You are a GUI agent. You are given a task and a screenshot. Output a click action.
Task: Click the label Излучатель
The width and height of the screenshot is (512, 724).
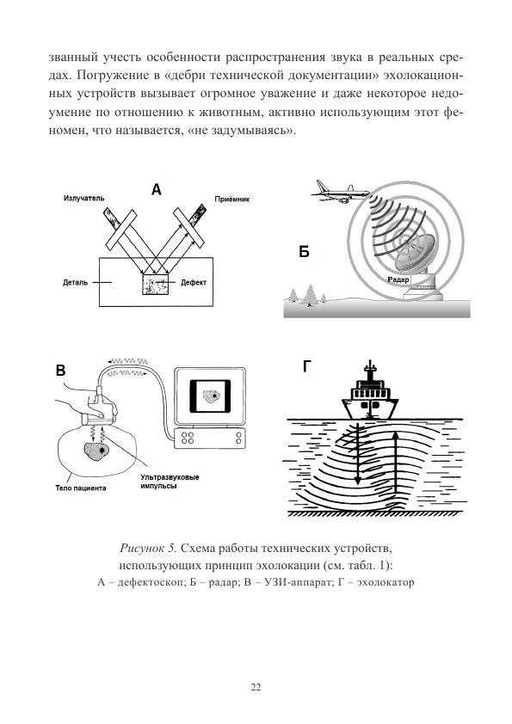83,198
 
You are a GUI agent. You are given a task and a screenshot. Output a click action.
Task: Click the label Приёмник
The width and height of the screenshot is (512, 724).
232,199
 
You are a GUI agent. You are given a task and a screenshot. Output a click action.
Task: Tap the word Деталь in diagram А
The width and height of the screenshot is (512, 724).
76,282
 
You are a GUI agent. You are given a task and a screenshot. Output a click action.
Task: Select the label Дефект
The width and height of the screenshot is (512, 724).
193,282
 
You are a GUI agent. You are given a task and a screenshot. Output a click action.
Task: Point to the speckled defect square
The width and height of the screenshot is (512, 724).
155,285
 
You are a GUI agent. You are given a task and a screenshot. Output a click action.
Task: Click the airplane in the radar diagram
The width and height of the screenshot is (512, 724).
340,192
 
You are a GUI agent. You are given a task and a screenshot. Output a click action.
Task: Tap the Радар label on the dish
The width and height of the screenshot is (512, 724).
398,279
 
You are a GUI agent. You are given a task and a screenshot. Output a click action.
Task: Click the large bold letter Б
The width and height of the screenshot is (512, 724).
304,252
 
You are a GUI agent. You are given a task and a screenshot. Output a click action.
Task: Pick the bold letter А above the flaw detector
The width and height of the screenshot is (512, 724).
157,189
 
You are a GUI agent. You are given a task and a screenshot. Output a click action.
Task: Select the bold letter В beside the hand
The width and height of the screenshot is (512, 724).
60,371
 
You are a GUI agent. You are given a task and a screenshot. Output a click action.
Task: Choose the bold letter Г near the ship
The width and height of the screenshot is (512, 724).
307,366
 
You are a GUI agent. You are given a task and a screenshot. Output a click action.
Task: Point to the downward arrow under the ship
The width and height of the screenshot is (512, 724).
357,452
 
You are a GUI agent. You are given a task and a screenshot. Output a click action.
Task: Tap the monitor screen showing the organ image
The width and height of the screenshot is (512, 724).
210,396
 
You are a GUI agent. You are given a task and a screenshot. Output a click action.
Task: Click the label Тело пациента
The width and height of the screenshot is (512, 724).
81,488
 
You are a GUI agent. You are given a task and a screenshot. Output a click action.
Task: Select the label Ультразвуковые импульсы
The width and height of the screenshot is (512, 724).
170,482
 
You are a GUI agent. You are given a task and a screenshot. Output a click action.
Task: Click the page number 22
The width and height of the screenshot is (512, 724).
256,687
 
